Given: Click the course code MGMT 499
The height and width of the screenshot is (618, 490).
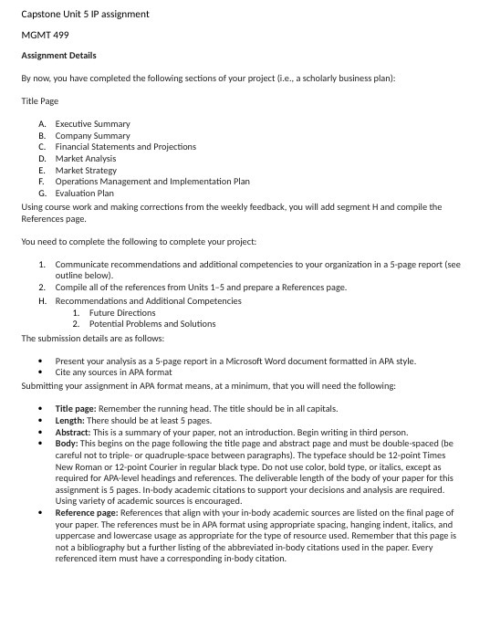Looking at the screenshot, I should click(41, 35).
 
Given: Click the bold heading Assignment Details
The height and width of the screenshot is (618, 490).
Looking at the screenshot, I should click(58, 56).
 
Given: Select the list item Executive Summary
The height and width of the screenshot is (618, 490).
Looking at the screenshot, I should click(92, 123).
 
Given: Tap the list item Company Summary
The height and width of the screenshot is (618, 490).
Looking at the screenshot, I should click(92, 135).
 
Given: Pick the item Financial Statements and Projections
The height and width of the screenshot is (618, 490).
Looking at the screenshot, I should click(125, 146).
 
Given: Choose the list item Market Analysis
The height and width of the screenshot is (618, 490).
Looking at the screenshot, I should click(86, 158).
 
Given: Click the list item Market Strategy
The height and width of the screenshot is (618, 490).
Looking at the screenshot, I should click(86, 170).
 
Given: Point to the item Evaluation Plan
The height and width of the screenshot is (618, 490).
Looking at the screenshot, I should click(84, 193).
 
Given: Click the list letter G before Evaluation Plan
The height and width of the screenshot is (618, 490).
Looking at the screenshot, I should click(42, 193).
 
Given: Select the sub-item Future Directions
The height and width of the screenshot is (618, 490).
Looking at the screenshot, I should click(122, 312).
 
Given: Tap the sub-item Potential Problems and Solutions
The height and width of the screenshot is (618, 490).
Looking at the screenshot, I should click(152, 323).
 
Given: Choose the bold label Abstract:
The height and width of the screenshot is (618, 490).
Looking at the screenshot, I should click(75, 432).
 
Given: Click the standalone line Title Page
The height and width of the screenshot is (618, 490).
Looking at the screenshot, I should click(39, 100).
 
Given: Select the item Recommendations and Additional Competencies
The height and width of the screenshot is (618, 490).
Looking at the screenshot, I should click(148, 300).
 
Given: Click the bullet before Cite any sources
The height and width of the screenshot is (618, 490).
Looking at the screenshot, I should click(42, 372).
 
